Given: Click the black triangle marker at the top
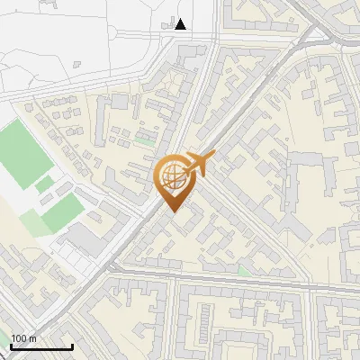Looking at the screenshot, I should [181, 24].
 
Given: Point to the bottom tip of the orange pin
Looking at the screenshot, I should [170, 211].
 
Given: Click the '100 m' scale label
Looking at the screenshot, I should [23, 338].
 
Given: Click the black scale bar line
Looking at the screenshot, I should [41, 346].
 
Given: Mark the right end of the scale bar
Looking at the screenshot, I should [72, 346].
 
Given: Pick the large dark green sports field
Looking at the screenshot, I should [24, 153].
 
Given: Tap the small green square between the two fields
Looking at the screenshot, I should [44, 185].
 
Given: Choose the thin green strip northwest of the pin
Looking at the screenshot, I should [144, 141].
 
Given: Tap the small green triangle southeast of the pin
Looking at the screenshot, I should [243, 269].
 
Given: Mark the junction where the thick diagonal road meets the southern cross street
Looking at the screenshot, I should [112, 267].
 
